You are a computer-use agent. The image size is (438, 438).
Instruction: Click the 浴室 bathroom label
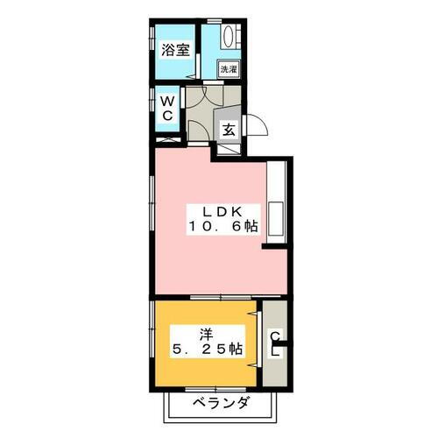(x=175, y=51)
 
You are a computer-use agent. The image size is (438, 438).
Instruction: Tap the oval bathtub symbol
(x=230, y=38)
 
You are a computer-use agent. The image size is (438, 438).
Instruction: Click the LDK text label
(x=222, y=211)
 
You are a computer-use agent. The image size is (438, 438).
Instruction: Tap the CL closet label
(x=274, y=343)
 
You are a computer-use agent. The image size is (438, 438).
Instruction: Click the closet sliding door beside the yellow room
(x=260, y=342)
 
